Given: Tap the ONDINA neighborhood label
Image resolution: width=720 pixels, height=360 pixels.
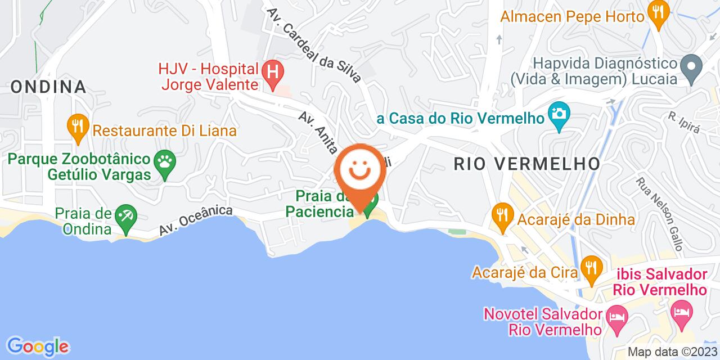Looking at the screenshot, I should pyautogui.click(x=48, y=87).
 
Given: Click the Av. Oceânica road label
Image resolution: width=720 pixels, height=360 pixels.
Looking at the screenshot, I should pyautogui.click(x=195, y=220).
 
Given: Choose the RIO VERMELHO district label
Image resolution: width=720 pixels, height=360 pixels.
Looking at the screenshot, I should pyautogui.click(x=526, y=164).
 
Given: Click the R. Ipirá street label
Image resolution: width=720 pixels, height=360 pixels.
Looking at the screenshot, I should pyautogui.click(x=683, y=121).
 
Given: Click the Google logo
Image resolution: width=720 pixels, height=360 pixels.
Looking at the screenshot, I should pyautogui.click(x=37, y=345).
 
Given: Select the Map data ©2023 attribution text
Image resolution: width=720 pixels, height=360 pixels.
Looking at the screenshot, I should pyautogui.click(x=672, y=352).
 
